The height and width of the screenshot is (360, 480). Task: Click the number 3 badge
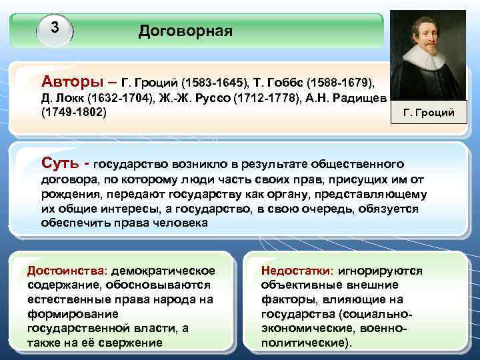point(55,29)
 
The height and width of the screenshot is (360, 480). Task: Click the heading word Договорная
point(185,31)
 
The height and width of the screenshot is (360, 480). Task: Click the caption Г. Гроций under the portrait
point(429,112)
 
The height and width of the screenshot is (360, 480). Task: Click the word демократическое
point(163,271)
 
